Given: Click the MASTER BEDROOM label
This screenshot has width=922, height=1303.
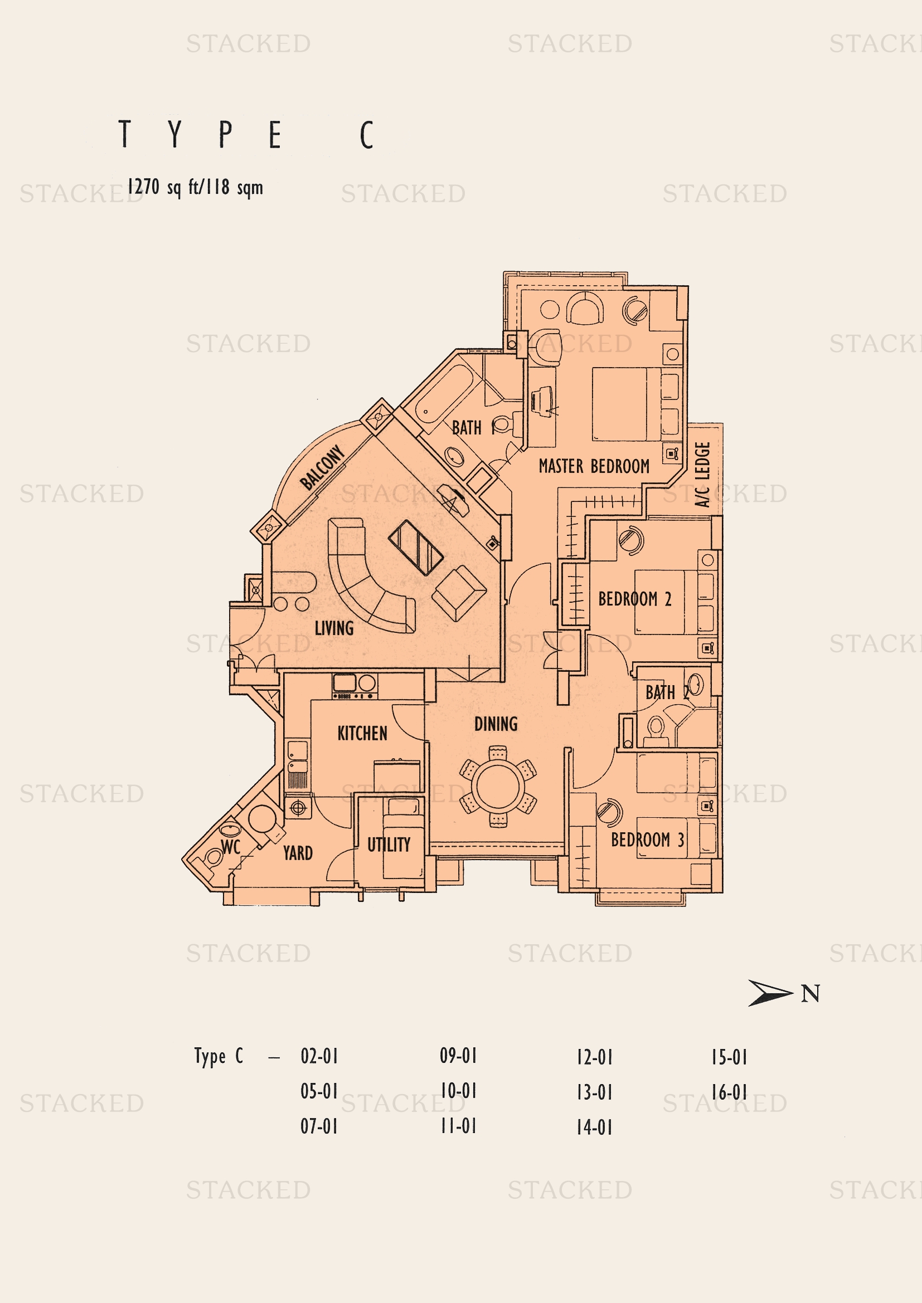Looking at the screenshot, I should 594,466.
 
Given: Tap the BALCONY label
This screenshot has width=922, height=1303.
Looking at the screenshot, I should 322,467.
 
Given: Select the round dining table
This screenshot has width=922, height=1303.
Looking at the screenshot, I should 497,787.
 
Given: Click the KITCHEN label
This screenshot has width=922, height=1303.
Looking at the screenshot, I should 362,733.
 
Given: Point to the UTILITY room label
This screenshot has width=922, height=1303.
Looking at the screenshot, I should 389,845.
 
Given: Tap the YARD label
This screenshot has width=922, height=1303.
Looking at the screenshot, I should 298,853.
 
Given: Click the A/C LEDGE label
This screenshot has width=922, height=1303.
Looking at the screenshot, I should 703,475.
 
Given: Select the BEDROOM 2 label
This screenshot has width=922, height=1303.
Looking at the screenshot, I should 635,599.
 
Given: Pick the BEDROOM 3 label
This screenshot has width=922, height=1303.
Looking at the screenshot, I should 648,840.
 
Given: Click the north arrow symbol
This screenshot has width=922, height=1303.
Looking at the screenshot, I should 770,993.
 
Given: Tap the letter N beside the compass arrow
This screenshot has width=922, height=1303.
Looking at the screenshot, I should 810,994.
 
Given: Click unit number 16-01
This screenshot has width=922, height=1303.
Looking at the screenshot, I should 730,1092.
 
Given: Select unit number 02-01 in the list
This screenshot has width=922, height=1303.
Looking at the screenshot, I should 319,1056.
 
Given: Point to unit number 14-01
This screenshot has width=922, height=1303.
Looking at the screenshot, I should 594,1127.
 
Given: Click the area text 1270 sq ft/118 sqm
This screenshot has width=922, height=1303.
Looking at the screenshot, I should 195,187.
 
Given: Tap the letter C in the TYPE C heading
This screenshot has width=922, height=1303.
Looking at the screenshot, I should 367,135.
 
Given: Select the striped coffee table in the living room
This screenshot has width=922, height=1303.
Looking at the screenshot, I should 416,548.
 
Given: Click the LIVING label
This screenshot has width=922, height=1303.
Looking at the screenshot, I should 334,628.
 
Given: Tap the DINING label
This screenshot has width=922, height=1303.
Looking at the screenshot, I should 496,724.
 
